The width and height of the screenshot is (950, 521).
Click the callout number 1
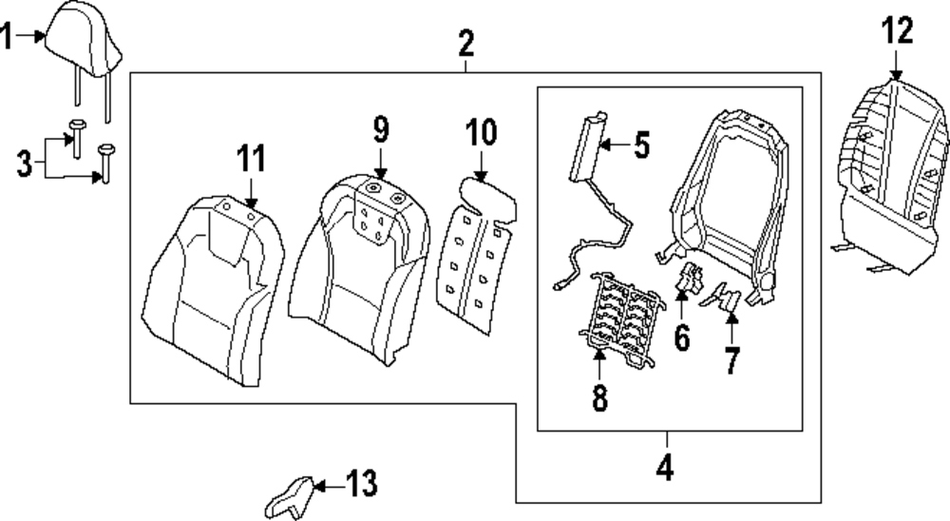[x=7, y=39]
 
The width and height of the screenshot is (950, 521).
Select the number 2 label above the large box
[x=465, y=43]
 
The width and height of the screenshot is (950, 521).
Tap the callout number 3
[x=25, y=163]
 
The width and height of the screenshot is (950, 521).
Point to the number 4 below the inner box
[x=666, y=468]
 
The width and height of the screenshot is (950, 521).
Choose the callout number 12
[x=896, y=31]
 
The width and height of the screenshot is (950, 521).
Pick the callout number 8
[x=599, y=398]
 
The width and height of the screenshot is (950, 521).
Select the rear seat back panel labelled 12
[x=888, y=171]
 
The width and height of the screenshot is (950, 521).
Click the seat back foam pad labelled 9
[x=356, y=266]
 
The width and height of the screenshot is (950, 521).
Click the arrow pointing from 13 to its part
[x=323, y=485]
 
